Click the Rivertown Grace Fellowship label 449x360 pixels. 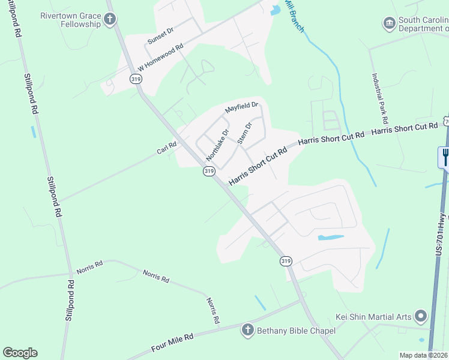click(70, 20)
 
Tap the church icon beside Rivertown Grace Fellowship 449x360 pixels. click(109, 20)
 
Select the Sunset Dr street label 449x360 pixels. click(160, 37)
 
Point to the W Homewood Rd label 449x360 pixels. click(160, 59)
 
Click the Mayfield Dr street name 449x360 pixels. click(241, 108)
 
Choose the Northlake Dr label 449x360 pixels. click(217, 145)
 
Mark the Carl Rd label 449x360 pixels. click(166, 148)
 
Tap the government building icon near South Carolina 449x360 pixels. click(388, 23)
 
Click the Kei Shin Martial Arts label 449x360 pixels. click(373, 316)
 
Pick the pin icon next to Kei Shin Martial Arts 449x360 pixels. click(421, 316)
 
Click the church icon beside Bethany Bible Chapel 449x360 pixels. click(247, 329)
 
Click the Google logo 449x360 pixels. click(20, 353)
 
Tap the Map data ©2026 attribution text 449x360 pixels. click(424, 355)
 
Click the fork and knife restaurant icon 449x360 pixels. click(445, 157)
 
